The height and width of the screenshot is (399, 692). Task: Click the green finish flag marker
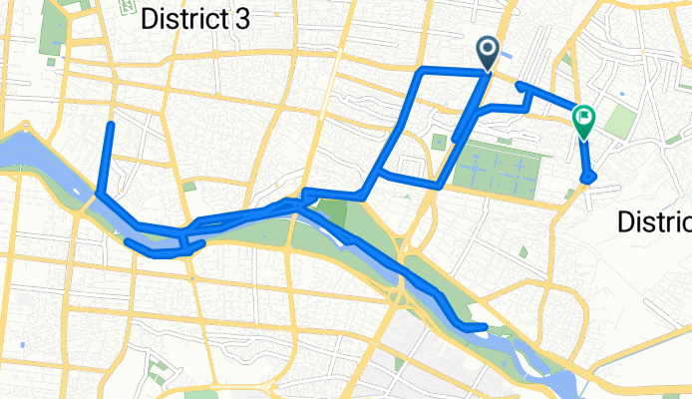(x=583, y=122)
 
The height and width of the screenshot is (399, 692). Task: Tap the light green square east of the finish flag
(x=619, y=123)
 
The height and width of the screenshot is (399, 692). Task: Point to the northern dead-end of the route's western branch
(x=111, y=125)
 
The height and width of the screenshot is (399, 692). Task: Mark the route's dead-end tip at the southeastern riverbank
(x=485, y=326)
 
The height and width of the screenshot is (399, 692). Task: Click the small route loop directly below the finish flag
(x=590, y=177)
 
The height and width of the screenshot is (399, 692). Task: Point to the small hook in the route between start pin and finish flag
(x=520, y=87)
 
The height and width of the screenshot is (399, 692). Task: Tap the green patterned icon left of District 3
(x=127, y=7)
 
